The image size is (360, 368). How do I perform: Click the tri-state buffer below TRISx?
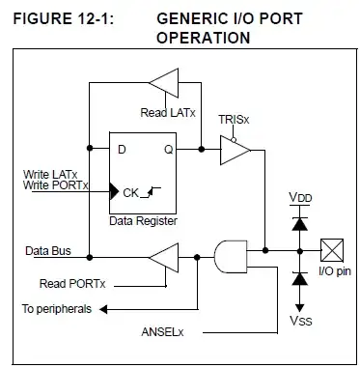pyautogui.click(x=235, y=149)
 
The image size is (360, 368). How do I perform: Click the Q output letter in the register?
pyautogui.click(x=168, y=150)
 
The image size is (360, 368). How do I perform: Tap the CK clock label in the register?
pyautogui.click(x=131, y=192)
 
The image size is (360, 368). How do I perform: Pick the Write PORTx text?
pyautogui.click(x=54, y=184)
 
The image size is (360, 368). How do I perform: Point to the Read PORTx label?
pyautogui.click(x=72, y=283)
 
